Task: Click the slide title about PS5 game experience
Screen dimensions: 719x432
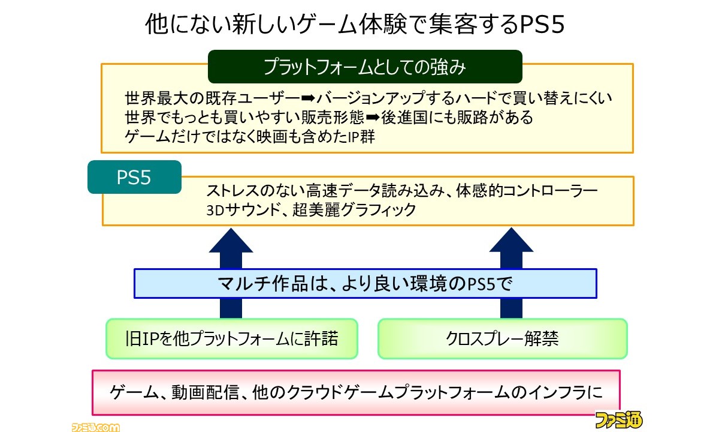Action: [x=355, y=24]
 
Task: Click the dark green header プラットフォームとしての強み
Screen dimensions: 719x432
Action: [x=365, y=67]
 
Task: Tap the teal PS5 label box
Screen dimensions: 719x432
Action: [x=134, y=177]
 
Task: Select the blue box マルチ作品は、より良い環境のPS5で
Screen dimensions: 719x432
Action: [x=365, y=283]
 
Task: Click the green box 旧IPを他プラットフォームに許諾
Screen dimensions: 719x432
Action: [x=232, y=338]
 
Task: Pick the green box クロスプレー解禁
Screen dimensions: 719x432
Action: [x=502, y=338]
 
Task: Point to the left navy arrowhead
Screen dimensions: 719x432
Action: [x=231, y=241]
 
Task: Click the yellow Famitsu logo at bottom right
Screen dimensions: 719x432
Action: [x=618, y=419]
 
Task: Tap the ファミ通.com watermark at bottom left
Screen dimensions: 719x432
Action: [x=95, y=427]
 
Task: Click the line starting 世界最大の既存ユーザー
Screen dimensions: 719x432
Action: [x=368, y=98]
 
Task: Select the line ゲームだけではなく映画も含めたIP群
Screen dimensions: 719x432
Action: [x=250, y=137]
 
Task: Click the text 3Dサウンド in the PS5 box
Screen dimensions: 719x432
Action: [x=244, y=210]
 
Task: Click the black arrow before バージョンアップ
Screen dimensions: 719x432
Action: [x=309, y=98]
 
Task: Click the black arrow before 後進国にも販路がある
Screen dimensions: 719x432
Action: [x=373, y=118]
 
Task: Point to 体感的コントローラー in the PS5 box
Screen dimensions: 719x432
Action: [x=527, y=191]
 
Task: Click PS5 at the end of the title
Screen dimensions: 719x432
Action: [x=542, y=25]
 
